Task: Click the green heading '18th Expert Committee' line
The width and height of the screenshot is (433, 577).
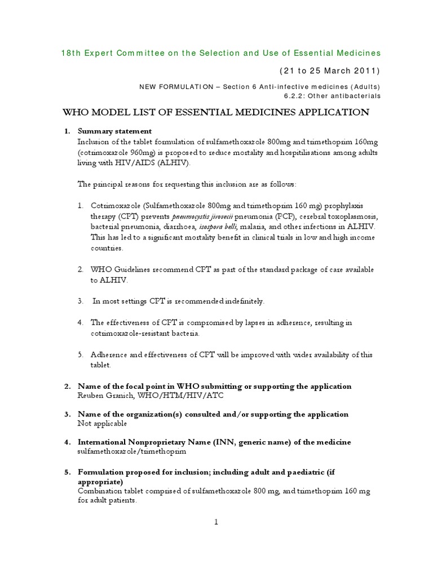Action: point(220,53)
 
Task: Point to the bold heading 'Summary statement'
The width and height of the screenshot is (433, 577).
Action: point(107,131)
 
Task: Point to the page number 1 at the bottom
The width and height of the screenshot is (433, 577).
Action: point(216,522)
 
